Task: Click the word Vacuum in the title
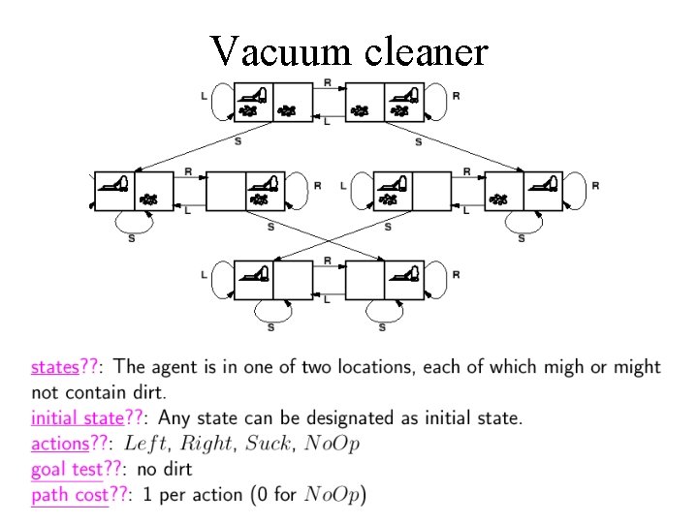[x=281, y=50]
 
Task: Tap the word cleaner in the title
[x=426, y=50]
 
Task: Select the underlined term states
[x=54, y=367]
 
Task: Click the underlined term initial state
[x=78, y=418]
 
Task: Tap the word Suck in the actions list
[x=267, y=444]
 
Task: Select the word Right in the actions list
[x=206, y=444]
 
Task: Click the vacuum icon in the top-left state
[x=254, y=94]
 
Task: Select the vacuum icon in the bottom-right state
[x=402, y=273]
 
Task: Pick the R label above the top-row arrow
[x=328, y=82]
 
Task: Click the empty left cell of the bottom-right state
[x=365, y=280]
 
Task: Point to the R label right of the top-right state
[x=456, y=97]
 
